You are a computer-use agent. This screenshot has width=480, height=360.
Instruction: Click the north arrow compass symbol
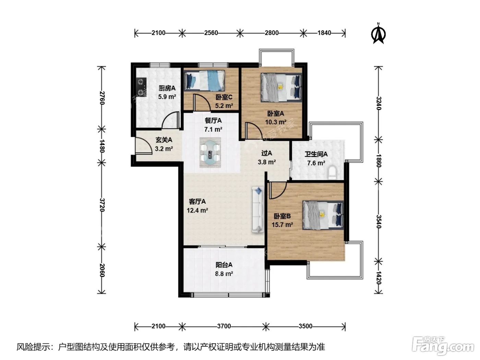378,34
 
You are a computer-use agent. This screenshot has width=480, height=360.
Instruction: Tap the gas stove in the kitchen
141,87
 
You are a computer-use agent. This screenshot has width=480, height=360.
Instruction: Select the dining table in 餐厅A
210,152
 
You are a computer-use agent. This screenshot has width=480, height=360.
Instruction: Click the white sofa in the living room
257,209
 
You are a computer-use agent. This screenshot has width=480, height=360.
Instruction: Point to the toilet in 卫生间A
332,172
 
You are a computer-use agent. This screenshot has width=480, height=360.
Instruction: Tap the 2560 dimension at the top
211,33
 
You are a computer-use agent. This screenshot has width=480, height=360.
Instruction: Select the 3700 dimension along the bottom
224,326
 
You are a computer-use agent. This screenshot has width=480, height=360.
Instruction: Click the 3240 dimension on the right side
379,103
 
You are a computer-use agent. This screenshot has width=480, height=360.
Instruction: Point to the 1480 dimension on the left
102,146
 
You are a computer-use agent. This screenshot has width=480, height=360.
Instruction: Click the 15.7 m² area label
282,225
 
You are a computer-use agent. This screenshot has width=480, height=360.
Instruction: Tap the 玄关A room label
164,140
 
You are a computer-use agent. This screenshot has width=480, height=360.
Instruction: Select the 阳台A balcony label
224,265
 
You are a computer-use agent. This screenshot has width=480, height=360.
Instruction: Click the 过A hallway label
266,153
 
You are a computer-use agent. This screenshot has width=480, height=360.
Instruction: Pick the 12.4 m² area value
197,210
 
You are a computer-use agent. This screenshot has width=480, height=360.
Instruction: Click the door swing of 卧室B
278,190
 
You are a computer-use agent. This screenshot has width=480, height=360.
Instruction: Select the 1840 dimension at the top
324,33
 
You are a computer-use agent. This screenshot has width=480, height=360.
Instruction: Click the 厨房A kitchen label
167,88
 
